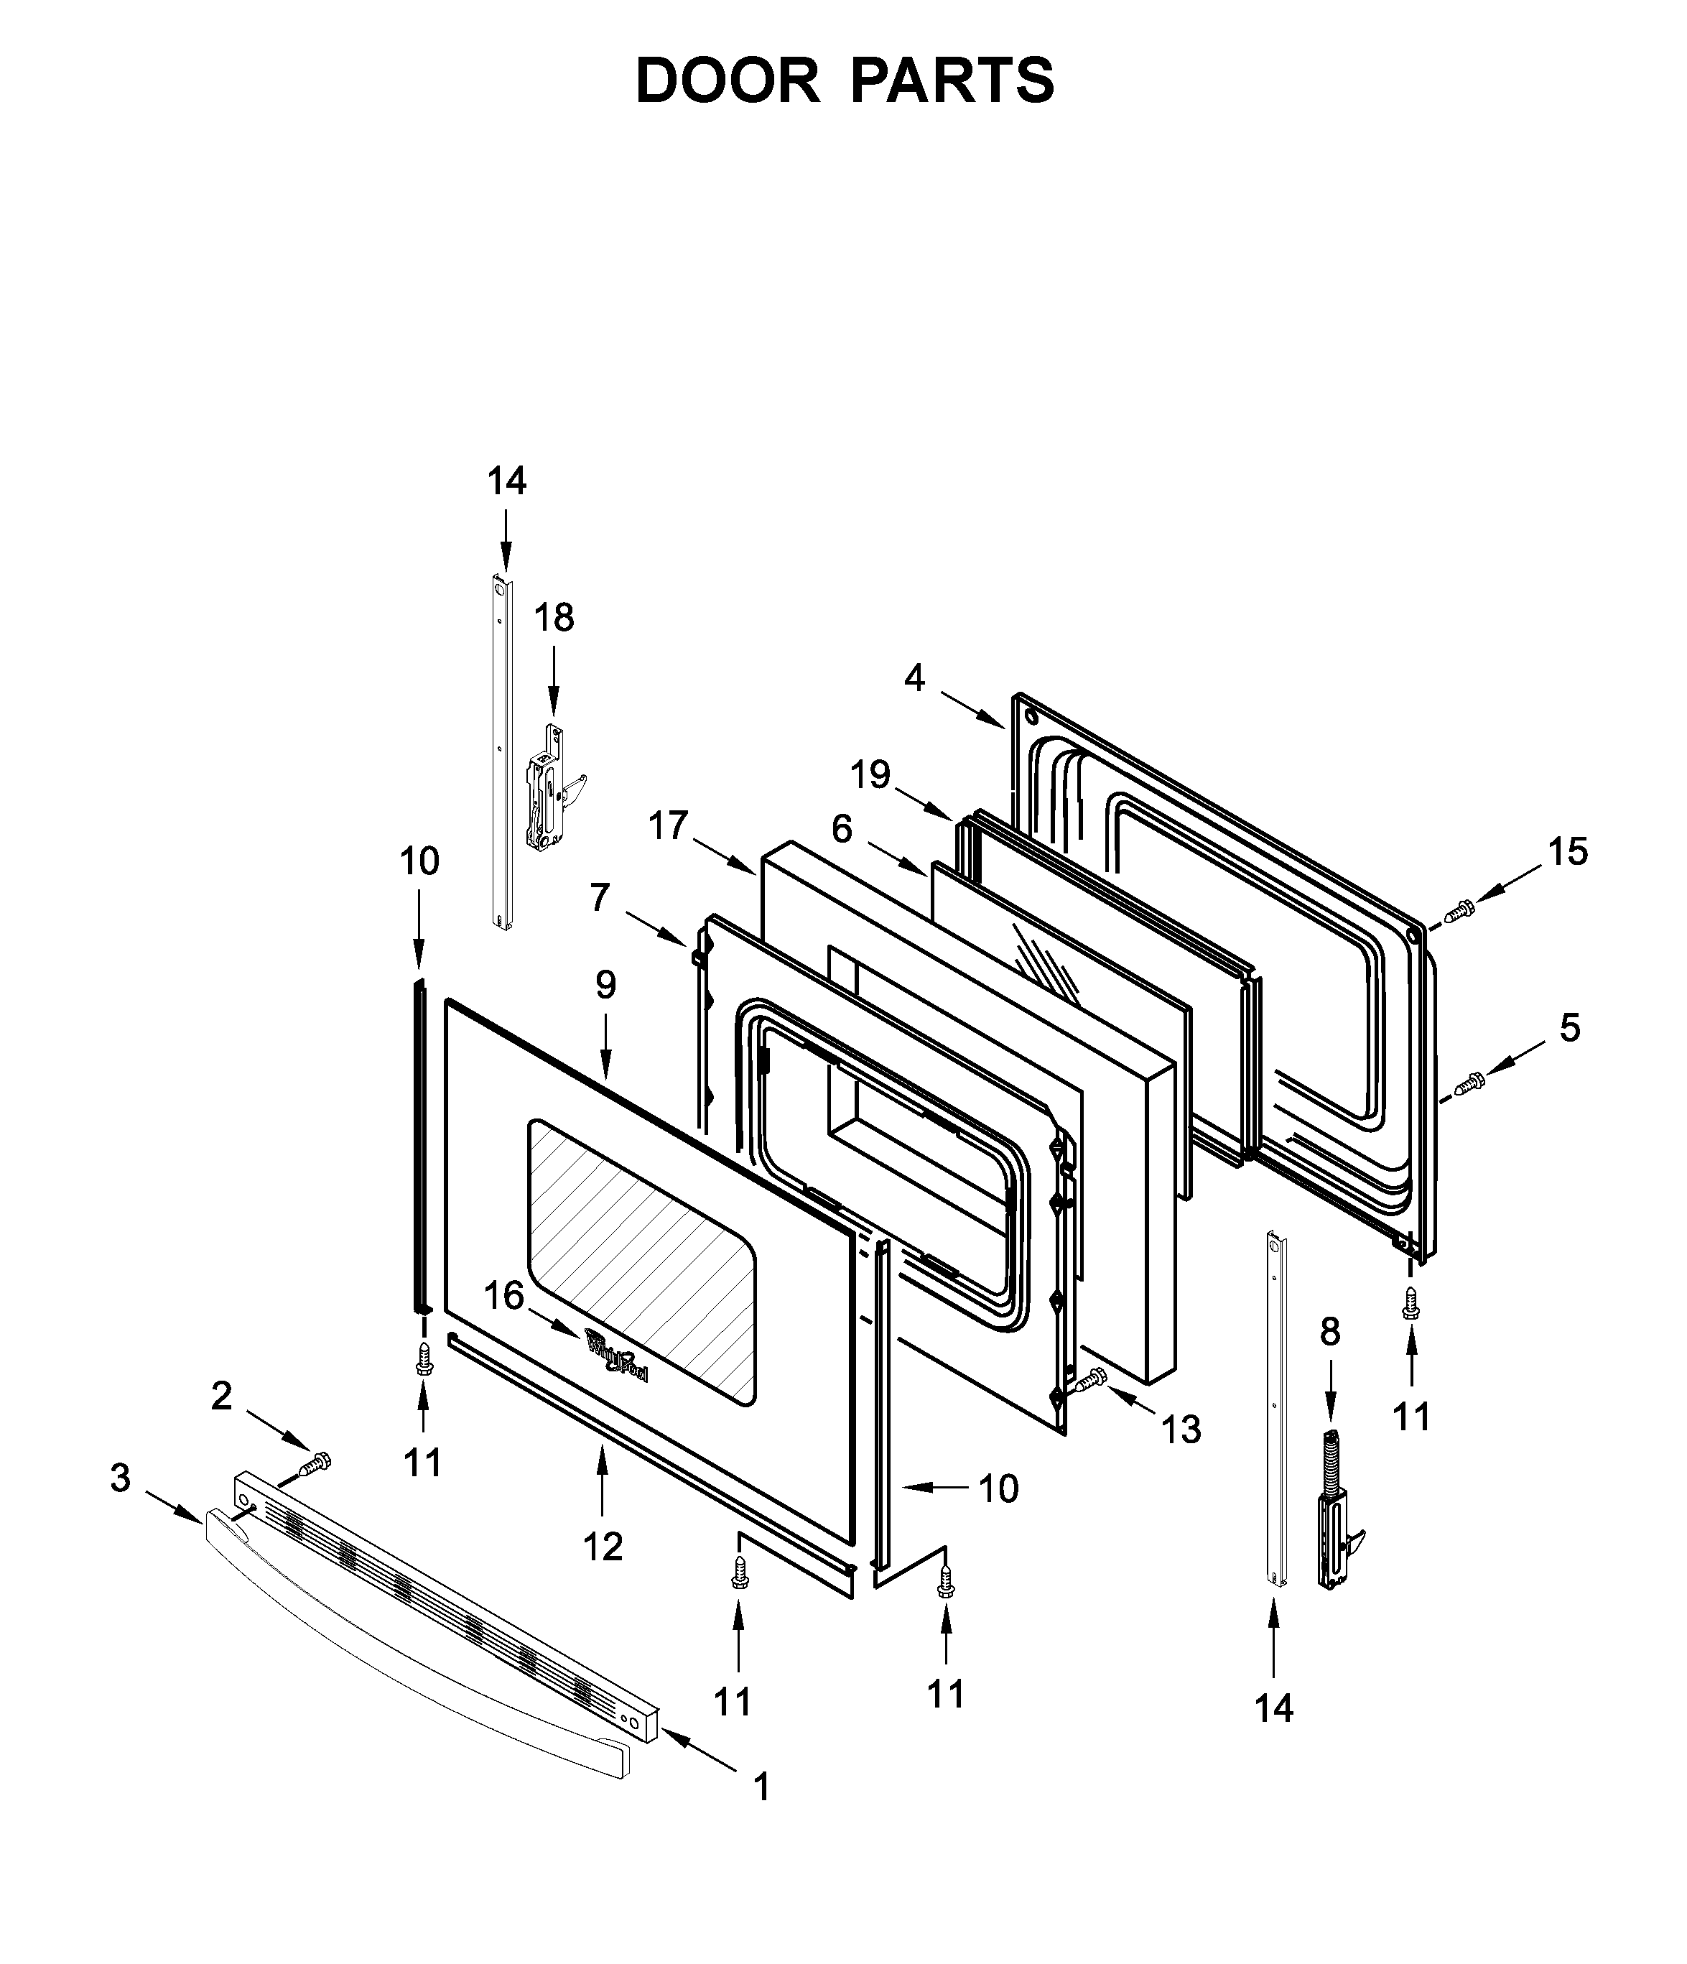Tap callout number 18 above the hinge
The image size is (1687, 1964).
pyautogui.click(x=554, y=618)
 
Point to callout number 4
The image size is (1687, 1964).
pyautogui.click(x=914, y=677)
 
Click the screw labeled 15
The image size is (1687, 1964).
pyautogui.click(x=1461, y=910)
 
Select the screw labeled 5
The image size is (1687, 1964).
pyautogui.click(x=1471, y=1080)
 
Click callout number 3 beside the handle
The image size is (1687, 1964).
pyautogui.click(x=119, y=1478)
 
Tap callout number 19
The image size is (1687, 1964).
pyautogui.click(x=870, y=774)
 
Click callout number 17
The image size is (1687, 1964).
pyautogui.click(x=667, y=825)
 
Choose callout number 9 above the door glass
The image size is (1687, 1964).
pyautogui.click(x=605, y=985)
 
